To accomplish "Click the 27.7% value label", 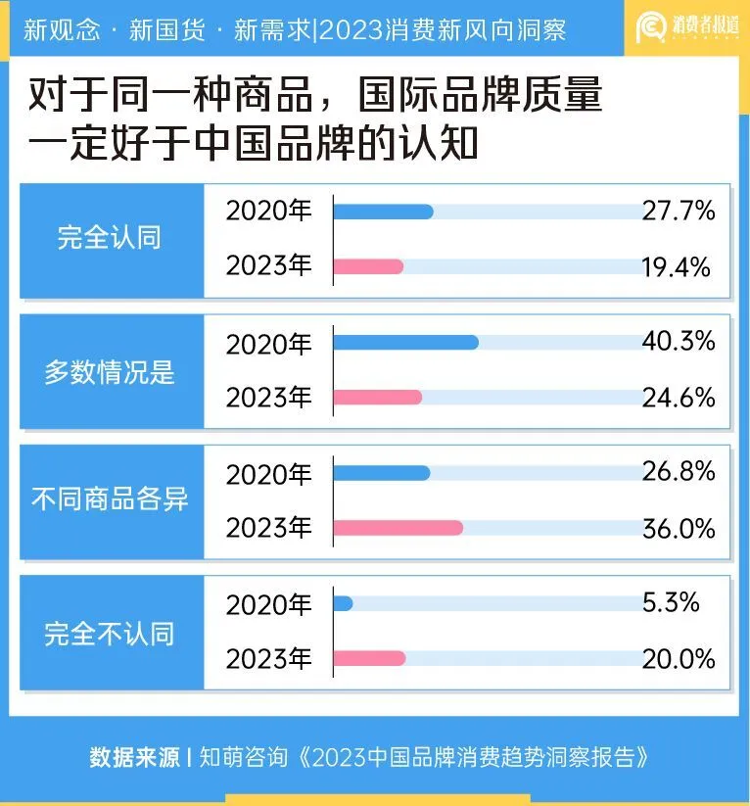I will click(x=678, y=211).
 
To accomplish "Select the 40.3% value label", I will click(x=678, y=341).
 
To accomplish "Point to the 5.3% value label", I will click(x=671, y=603).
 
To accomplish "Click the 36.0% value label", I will click(x=678, y=528).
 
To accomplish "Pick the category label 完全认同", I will click(x=109, y=238).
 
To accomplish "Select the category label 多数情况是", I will click(x=109, y=372).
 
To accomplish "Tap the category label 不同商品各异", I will click(x=109, y=500).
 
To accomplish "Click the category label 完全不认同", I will click(x=109, y=634).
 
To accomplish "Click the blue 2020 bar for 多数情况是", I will click(x=405, y=342).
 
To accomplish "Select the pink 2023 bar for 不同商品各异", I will click(x=398, y=528).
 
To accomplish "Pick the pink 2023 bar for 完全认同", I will click(x=368, y=266).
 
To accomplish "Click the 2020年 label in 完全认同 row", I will click(x=268, y=211).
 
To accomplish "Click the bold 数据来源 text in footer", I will click(x=134, y=757).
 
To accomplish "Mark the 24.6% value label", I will click(x=678, y=398).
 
